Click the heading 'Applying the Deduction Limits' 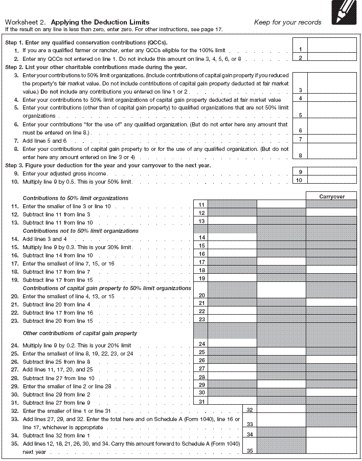point(100,22)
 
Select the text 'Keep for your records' point(287,22)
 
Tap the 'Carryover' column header point(332,196)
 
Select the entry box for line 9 point(332,172)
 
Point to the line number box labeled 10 point(301,180)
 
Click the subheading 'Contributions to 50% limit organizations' point(75,198)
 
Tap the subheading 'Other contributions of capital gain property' point(80,333)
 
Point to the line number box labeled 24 point(201,344)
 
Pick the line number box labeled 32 point(249,410)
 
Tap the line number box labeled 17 point(201,262)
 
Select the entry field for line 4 point(332,99)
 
